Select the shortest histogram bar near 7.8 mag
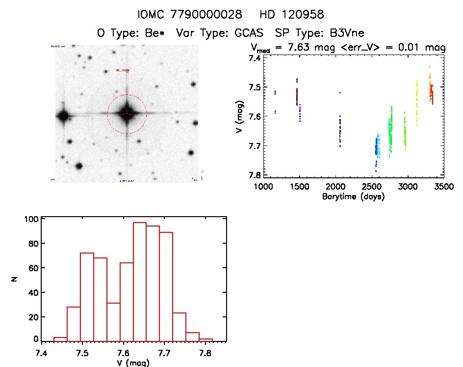(206, 339)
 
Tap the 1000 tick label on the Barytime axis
(263, 187)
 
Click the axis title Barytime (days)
(353, 197)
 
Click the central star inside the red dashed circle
(127, 113)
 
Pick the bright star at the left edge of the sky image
(63, 116)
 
